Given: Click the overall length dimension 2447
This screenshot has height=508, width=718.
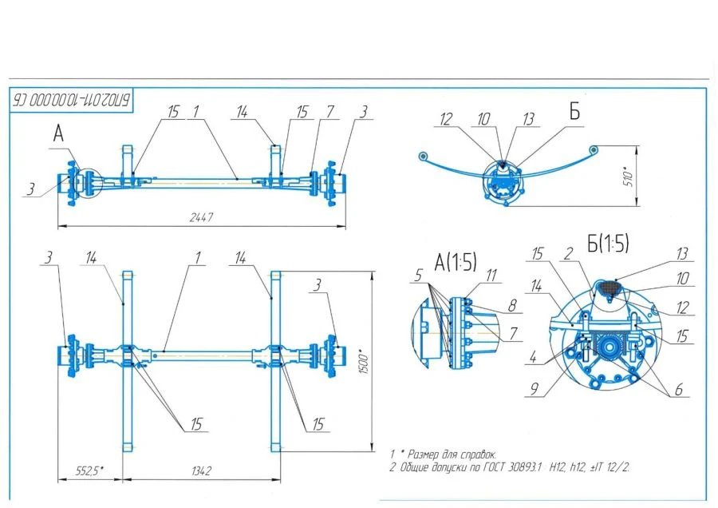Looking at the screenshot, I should click(203, 217).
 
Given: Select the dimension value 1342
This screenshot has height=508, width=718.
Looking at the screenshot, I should click(201, 472).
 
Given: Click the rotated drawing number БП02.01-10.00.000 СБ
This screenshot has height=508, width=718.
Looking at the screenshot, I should click(71, 100).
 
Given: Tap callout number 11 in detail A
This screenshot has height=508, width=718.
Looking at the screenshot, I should click(491, 275).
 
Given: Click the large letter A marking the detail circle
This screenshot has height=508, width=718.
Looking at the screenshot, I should click(58, 135).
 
